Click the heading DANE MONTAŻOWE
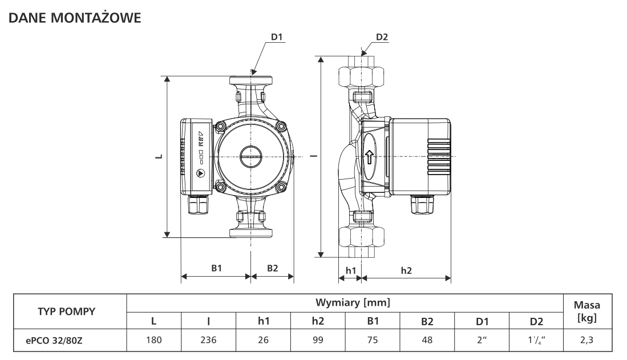[x=75, y=18]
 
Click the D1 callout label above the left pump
[x=277, y=37]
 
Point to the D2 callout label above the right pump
[x=382, y=37]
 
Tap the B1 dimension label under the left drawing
[x=216, y=268]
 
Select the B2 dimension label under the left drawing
[x=272, y=268]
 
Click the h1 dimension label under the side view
[x=351, y=271]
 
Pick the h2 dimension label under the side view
[x=406, y=271]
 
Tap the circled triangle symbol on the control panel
[x=200, y=173]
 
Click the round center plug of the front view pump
[x=250, y=156]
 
